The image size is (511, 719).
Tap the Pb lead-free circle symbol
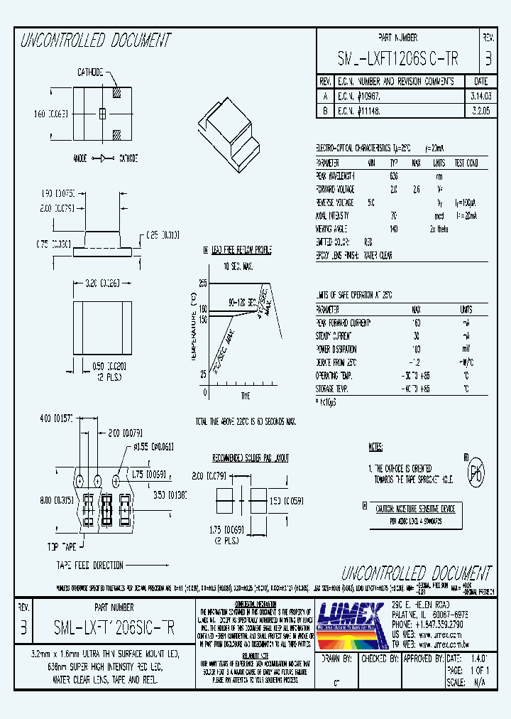tap(476, 471)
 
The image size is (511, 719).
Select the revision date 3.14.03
tap(479, 94)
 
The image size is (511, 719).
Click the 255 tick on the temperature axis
tap(202, 283)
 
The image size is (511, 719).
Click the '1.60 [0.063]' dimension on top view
tap(49, 114)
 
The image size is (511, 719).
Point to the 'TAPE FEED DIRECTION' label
tap(90, 566)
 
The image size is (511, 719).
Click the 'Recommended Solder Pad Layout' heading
tap(251, 458)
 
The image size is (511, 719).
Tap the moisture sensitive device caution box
tap(414, 515)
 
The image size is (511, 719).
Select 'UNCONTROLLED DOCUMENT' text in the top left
tap(96, 40)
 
